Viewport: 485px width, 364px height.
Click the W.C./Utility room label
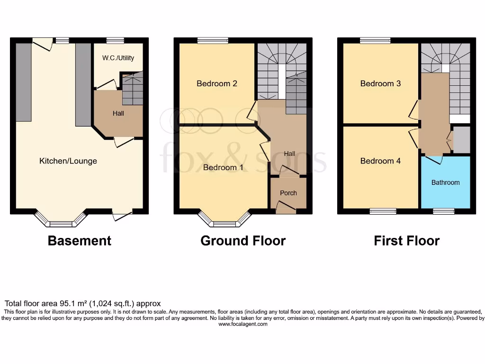(118, 58)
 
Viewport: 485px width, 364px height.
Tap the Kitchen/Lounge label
(68, 161)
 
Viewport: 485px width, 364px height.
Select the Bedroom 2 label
(217, 84)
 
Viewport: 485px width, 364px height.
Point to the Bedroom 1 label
(223, 167)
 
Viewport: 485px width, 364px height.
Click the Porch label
(288, 193)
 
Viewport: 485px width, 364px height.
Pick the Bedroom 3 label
(380, 84)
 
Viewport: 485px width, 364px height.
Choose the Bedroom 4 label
(380, 161)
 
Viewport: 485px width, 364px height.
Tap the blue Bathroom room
(445, 182)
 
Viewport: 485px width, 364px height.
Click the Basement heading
(80, 241)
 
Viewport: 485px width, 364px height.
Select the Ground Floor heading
(243, 241)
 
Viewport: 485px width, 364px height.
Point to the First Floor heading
(406, 241)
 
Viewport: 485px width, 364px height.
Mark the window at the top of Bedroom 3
(375, 41)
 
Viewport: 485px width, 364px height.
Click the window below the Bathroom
(443, 211)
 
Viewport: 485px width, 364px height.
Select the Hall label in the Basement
(118, 114)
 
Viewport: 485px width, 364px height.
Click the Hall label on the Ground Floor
(289, 154)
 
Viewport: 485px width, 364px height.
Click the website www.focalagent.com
(242, 324)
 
